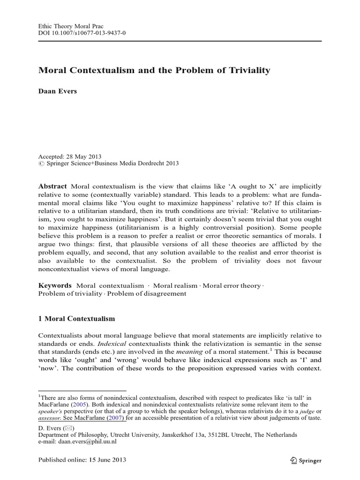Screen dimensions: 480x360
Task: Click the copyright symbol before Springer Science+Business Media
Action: click(x=40, y=164)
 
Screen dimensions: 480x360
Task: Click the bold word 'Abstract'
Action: click(x=52, y=186)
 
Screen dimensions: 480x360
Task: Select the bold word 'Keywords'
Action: click(x=55, y=285)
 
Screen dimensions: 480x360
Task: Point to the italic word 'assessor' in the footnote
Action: click(x=49, y=419)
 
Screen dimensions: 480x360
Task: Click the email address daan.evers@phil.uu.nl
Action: click(x=92, y=442)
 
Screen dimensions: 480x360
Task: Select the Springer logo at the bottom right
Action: click(x=306, y=460)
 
